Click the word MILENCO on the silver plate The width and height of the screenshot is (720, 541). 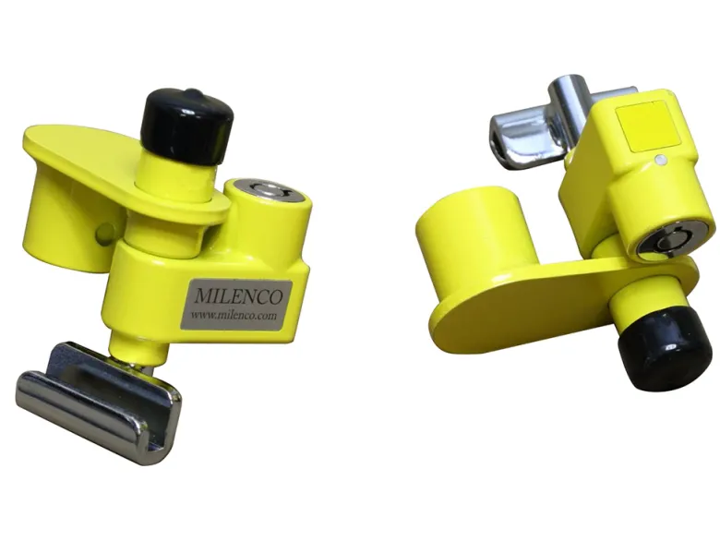point(238,296)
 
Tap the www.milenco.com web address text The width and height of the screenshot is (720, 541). point(234,315)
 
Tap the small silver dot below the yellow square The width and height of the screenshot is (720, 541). point(660,160)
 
